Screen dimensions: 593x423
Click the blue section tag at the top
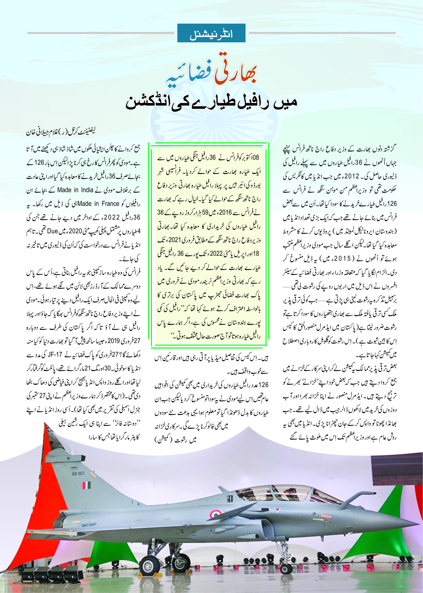pyautogui.click(x=211, y=33)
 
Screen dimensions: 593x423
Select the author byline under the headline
pyautogui.click(x=60, y=132)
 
